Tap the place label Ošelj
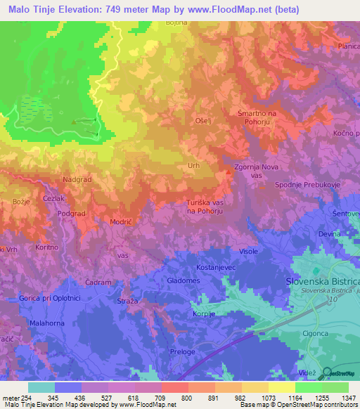click(x=203, y=121)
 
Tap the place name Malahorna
click(x=47, y=323)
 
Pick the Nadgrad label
click(x=77, y=180)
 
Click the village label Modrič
click(x=121, y=221)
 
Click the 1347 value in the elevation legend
click(x=337, y=398)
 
